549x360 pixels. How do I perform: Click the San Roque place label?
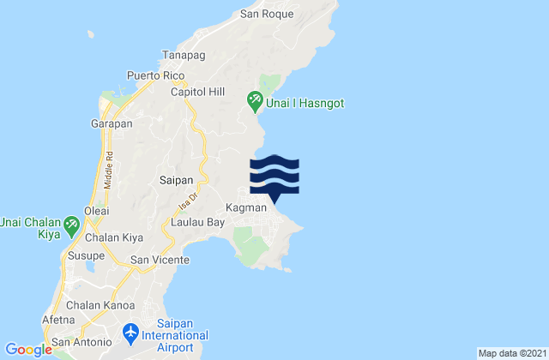point(267,14)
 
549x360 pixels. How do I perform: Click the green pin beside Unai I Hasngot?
point(255,100)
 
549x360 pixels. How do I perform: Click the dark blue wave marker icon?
point(274,177)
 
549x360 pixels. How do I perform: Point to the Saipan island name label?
point(176,180)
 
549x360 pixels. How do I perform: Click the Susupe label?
point(83,256)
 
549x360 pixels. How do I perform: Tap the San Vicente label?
point(159,259)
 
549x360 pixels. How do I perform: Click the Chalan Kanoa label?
point(96,304)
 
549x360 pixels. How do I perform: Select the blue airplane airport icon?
point(131,330)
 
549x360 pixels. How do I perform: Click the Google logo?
point(28,349)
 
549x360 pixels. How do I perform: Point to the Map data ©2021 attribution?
point(510,353)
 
